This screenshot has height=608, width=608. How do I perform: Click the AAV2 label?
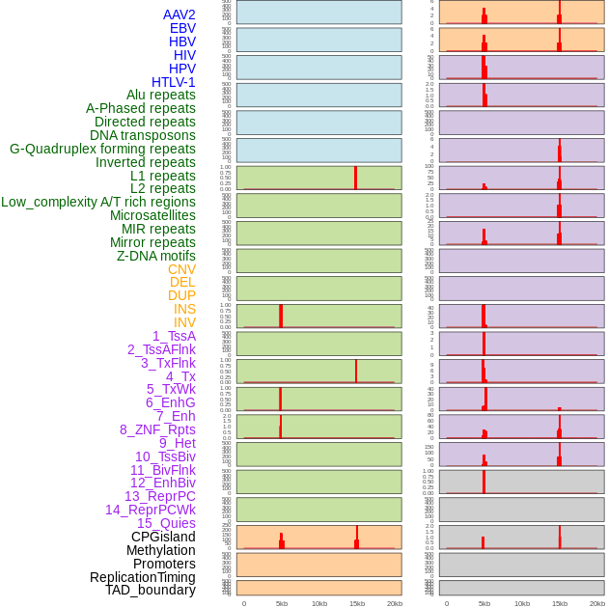pos(179,14)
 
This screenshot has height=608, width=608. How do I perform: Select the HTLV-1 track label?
pos(173,82)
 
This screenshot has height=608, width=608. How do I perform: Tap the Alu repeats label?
pos(160,95)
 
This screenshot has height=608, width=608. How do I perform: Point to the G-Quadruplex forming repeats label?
pos(102,149)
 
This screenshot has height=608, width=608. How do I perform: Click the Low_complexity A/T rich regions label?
pos(97,202)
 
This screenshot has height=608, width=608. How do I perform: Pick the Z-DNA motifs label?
pos(155,256)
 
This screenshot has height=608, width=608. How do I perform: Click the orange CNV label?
pos(181,269)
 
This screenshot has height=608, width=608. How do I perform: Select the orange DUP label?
pos(181,295)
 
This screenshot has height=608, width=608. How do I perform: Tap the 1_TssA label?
pos(174,336)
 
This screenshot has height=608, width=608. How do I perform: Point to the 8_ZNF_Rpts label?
pos(157,429)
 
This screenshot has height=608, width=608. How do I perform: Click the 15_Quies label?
pos(166,523)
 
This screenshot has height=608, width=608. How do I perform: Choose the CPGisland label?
pos(163,537)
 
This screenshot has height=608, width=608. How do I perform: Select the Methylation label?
pos(160,550)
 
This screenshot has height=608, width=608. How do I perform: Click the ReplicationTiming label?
pos(143,577)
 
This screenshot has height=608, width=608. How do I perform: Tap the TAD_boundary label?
pos(150,590)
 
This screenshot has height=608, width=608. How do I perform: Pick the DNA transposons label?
pos(143,135)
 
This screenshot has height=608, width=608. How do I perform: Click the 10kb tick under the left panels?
pos(318,603)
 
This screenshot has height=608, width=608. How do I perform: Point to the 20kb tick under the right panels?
pos(596,603)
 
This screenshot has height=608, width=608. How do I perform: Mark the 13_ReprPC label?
pos(159,496)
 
